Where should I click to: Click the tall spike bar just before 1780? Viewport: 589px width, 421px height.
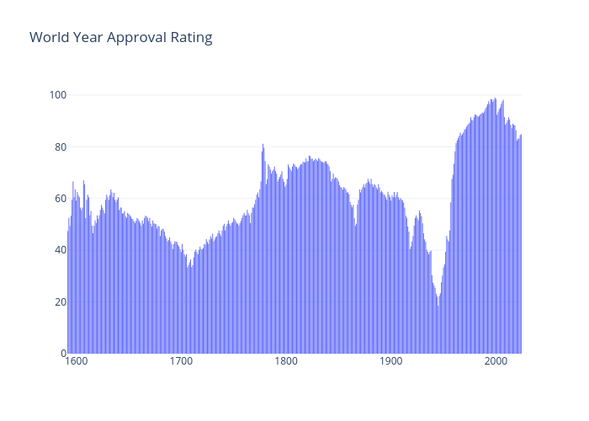[x=263, y=253]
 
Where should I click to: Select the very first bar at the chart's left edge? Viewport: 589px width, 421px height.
[x=68, y=295]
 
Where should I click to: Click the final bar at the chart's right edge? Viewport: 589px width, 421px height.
[x=521, y=244]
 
